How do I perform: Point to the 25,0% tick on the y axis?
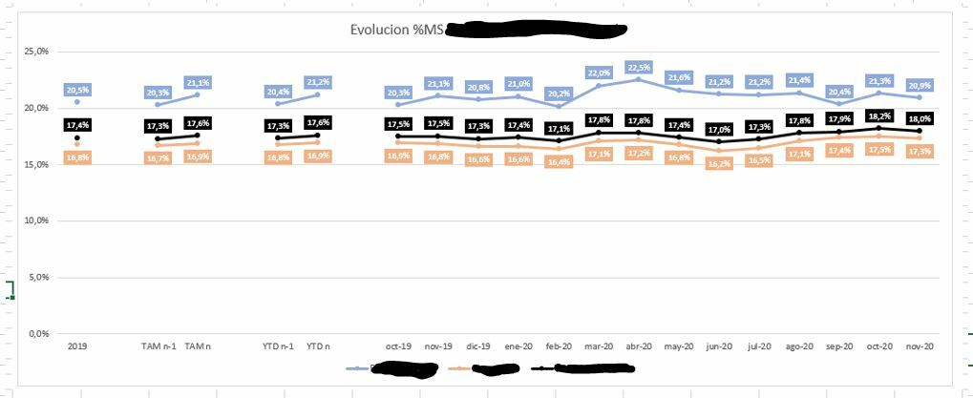coord(35,51)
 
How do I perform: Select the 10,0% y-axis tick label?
coord(35,220)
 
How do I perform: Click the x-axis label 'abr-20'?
coord(639,347)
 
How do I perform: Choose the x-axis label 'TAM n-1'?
coord(158,347)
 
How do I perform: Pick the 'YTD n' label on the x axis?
coord(318,347)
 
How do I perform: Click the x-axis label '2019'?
coord(77,347)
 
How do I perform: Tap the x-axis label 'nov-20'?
coord(919,347)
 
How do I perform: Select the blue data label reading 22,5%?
coord(639,68)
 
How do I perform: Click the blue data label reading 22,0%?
coord(599,73)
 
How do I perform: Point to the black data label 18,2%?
coord(879,116)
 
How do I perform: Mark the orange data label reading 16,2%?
coord(719,163)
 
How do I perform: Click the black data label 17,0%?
coord(719,129)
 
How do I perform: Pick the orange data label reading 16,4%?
coord(559,162)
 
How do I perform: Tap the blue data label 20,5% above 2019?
coord(77,90)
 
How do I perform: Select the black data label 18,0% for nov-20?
coord(920,118)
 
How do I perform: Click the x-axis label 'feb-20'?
coord(559,347)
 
